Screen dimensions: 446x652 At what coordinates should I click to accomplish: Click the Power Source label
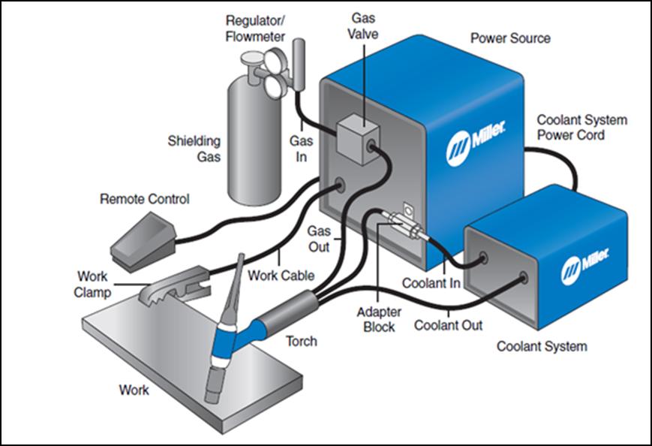[x=509, y=38]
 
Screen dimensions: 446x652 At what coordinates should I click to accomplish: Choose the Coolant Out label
[x=449, y=326]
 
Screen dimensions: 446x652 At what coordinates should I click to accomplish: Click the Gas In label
[x=301, y=147]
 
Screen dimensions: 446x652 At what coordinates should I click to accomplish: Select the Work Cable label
[x=281, y=276]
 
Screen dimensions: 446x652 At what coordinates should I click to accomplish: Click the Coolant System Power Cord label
[x=581, y=128]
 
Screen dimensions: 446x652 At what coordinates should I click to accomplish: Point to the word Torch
[x=301, y=342]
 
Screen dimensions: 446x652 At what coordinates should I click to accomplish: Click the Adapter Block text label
[x=379, y=319]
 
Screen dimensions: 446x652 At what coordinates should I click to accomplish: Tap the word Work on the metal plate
[x=134, y=390]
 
